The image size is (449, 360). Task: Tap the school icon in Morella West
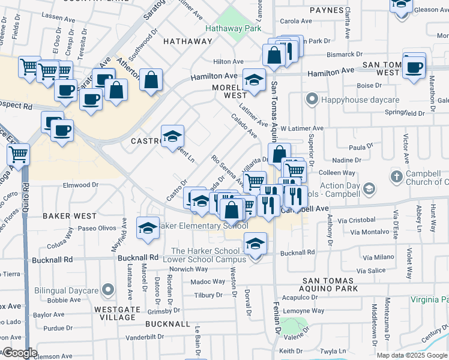point(254,80)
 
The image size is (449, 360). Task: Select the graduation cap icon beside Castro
point(172,136)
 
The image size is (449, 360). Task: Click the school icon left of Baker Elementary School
point(148,228)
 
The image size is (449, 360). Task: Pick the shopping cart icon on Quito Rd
point(18,154)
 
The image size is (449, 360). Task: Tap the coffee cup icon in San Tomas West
point(414,66)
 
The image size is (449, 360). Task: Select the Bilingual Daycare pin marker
point(107,290)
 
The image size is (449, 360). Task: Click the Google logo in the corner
point(19,353)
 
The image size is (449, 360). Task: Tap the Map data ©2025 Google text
point(411,355)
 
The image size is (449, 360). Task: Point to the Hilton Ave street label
point(228,62)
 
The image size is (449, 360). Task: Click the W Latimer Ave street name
point(302,128)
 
